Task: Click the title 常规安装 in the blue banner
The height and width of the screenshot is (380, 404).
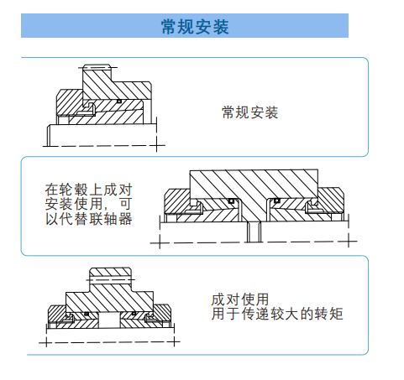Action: coord(195,27)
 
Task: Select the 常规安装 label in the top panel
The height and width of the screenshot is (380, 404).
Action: coord(249,112)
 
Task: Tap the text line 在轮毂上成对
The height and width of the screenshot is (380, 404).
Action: coord(88,190)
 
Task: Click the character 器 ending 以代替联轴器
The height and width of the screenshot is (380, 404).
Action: coord(125,219)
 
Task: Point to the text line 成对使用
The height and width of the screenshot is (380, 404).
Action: coord(240,299)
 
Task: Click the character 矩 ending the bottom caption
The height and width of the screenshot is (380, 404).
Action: coord(336,314)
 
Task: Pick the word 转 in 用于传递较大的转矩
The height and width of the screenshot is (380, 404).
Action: coord(322,314)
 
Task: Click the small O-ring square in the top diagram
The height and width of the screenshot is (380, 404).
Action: coord(118,101)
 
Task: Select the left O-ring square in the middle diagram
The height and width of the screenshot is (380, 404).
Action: coord(231,200)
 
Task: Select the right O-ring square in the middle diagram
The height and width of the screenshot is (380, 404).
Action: coord(277,200)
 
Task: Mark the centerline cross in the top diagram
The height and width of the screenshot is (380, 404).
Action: coord(156,145)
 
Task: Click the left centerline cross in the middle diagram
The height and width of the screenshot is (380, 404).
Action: coord(160,242)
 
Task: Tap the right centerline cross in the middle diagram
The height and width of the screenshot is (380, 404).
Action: coord(349,241)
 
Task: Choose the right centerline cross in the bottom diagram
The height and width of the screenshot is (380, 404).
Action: coord(175,341)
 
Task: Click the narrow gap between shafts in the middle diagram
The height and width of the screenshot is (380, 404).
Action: coord(254,232)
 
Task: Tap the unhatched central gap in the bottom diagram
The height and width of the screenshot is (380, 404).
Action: coord(109,320)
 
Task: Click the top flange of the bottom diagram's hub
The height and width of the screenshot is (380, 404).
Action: coord(110,273)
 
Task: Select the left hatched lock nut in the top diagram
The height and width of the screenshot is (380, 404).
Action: coord(70,102)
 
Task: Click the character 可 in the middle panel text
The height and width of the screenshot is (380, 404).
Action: coord(125,204)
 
